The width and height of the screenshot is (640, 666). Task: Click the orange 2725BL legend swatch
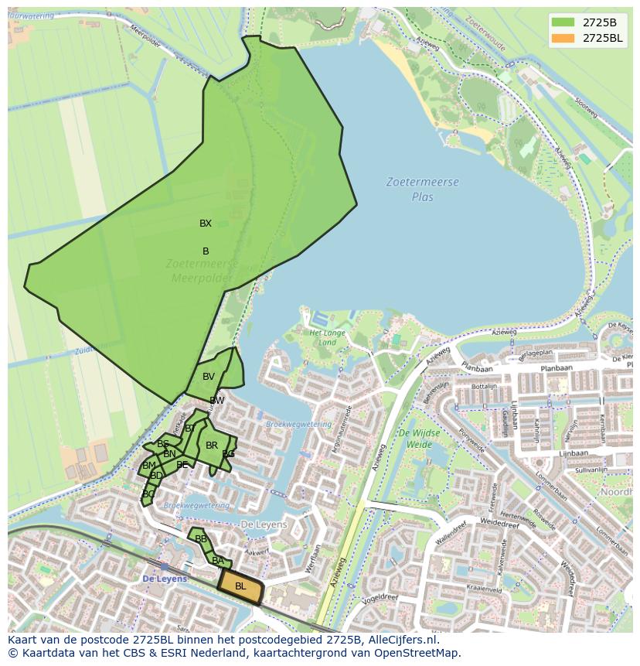click(x=564, y=38)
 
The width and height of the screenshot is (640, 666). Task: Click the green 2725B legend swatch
click(x=564, y=22)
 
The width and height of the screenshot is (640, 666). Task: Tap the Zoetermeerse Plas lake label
click(x=423, y=190)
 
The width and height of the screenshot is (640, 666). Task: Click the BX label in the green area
click(x=205, y=224)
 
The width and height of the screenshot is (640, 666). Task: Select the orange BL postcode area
click(x=240, y=586)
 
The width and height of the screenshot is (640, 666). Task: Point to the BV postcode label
click(x=209, y=377)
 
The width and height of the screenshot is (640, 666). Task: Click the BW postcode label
click(x=217, y=401)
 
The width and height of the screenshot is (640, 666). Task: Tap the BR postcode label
click(x=212, y=446)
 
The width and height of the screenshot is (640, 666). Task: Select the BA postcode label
click(x=218, y=561)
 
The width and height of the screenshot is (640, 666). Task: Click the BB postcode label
click(x=201, y=539)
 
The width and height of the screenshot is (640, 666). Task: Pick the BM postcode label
click(x=149, y=466)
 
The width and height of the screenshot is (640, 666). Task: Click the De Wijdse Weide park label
click(x=418, y=439)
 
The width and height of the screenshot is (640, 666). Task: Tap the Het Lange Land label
click(x=328, y=337)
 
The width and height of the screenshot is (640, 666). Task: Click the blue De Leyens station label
click(x=165, y=579)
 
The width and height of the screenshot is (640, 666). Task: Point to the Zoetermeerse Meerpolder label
click(x=203, y=271)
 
